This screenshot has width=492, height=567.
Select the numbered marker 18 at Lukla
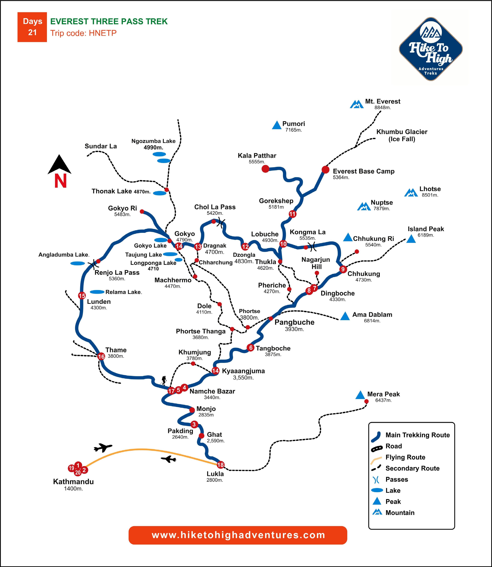click(x=221, y=465)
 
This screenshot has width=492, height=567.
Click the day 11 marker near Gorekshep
click(x=292, y=214)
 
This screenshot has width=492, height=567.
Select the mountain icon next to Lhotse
click(x=411, y=193)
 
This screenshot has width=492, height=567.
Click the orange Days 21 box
click(x=32, y=27)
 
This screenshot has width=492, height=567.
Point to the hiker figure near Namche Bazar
click(x=164, y=380)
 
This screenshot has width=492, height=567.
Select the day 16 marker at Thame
click(x=101, y=356)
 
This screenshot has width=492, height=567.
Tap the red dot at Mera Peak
click(x=366, y=401)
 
